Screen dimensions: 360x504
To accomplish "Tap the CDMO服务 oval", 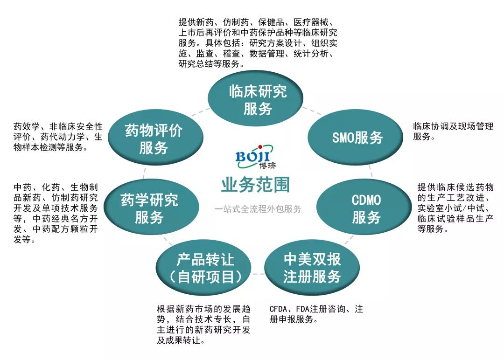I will pyautogui.click(x=366, y=208).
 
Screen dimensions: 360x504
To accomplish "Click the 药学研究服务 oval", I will pyautogui.click(x=149, y=208).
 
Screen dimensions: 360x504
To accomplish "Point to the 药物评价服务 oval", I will pyautogui.click(x=154, y=139).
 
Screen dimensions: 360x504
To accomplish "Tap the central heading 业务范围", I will pyautogui.click(x=255, y=185).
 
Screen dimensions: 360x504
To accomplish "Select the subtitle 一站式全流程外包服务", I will pyautogui.click(x=258, y=209).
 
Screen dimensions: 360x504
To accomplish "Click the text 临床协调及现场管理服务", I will pyautogui.click(x=453, y=132).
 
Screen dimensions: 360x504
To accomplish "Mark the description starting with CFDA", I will pyautogui.click(x=316, y=314).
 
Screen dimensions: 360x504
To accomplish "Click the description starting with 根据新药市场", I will pyautogui.click(x=203, y=325).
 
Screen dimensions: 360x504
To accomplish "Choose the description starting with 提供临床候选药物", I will pyautogui.click(x=455, y=208).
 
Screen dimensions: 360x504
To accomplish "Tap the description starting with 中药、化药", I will pyautogui.click(x=56, y=214).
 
